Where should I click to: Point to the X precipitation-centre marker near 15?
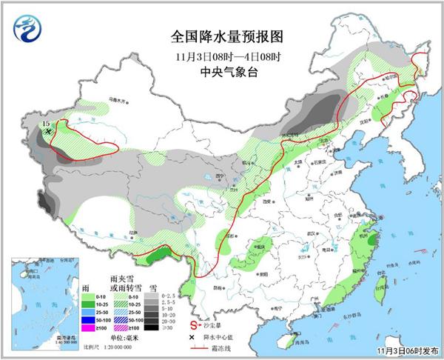pos(49,131)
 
